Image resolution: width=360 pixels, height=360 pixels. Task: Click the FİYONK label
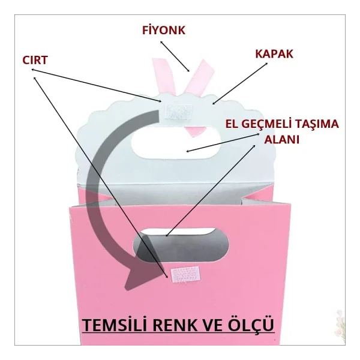click(164, 30)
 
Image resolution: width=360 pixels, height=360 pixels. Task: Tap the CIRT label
click(35, 60)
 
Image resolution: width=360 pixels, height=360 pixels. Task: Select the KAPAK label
click(274, 54)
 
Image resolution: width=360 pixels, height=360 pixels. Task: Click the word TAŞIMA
click(316, 124)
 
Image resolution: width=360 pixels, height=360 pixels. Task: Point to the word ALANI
click(282, 140)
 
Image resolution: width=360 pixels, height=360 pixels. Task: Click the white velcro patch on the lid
click(179, 112)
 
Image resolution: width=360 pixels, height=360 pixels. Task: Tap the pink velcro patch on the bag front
click(185, 274)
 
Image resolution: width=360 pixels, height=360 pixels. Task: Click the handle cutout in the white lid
click(176, 143)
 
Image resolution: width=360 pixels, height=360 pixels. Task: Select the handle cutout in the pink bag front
click(181, 245)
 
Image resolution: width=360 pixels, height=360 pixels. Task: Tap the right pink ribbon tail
click(199, 77)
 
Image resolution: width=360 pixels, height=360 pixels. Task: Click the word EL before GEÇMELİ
click(232, 124)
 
